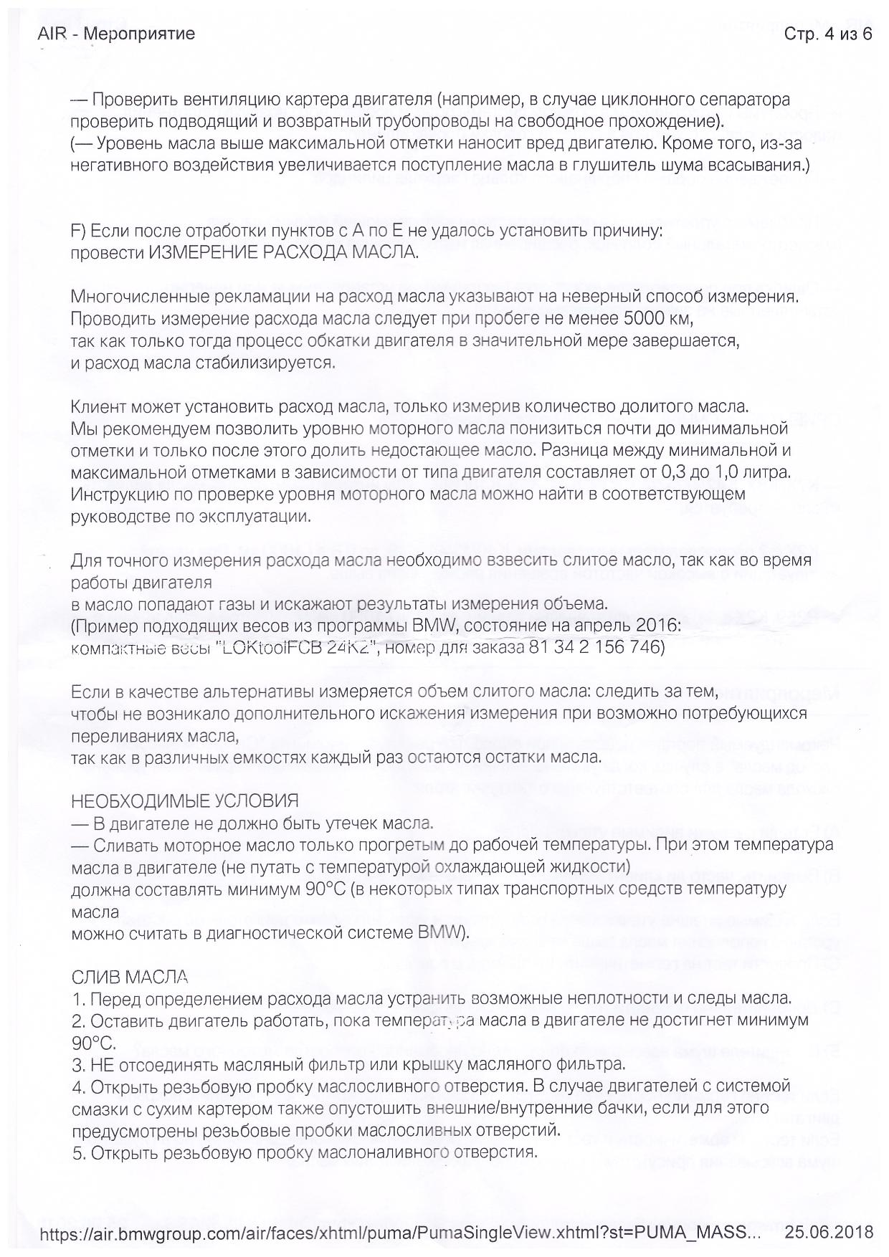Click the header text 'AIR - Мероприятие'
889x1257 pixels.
click(116, 34)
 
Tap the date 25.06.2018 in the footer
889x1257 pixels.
click(829, 1232)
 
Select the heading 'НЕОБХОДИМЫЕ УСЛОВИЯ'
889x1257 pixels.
click(185, 800)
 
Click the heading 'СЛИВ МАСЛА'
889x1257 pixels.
click(130, 976)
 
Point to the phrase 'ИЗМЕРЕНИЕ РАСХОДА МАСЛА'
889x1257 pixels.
click(283, 252)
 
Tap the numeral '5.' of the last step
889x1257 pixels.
click(79, 1153)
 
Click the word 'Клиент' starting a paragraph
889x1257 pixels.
click(98, 407)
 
